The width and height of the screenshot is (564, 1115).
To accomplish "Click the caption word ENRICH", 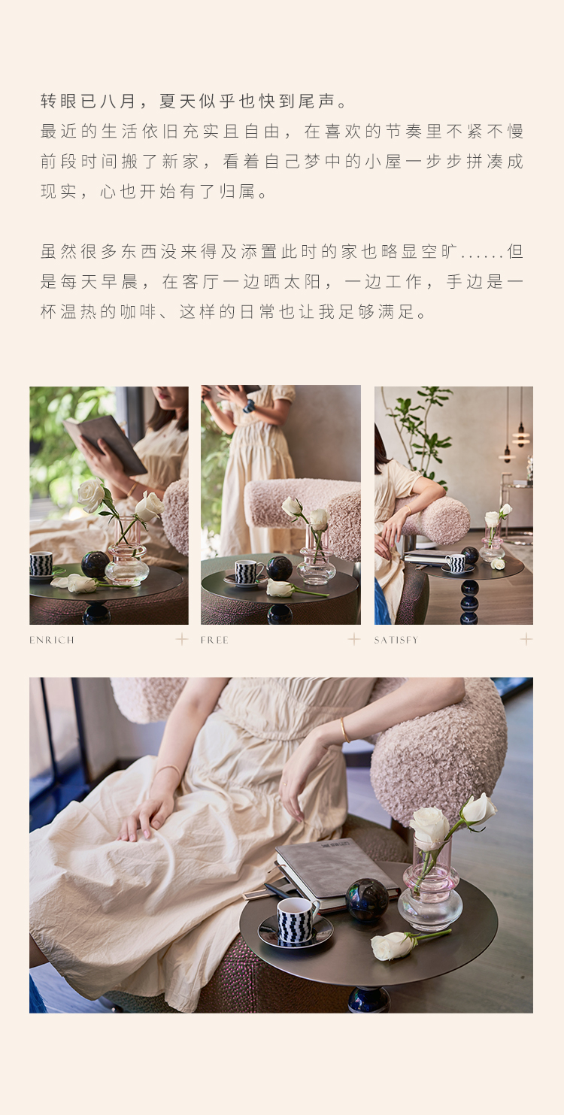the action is (x=52, y=640).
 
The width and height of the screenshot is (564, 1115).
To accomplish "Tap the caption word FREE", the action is (x=214, y=640).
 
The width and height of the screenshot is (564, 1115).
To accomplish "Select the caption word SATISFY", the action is (x=396, y=640).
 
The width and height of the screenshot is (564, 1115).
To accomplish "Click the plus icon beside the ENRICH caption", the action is (x=182, y=639).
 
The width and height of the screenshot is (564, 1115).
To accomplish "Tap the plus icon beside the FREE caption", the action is (x=354, y=639).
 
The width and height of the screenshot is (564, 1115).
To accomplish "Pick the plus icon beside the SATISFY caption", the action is (x=526, y=639).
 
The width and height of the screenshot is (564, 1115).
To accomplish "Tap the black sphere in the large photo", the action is (x=368, y=900).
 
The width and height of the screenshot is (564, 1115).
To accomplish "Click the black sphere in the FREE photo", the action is (x=280, y=568).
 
